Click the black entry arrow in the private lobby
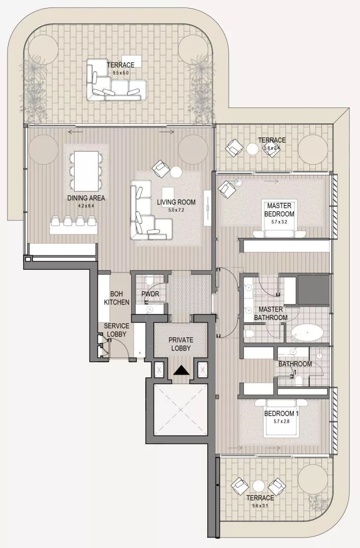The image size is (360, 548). pos(180,371)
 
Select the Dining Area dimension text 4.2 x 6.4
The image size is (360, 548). pos(86,205)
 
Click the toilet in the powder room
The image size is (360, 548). pos(150,281)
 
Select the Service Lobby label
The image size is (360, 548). pos(116,330)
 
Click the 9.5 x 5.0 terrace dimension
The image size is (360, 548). pos(120,73)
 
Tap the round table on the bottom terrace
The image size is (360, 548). pos(259,486)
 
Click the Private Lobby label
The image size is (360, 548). pos(180,344)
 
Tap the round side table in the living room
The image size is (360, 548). pos(176,172)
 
